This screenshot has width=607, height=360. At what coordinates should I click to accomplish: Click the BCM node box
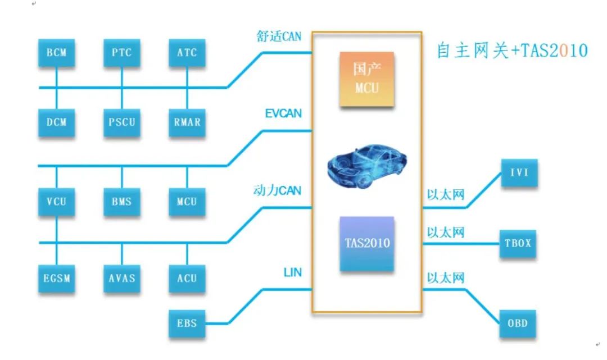coord(56,53)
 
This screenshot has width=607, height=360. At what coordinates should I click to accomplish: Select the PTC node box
coord(121,53)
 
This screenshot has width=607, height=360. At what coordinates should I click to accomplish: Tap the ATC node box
coord(187,53)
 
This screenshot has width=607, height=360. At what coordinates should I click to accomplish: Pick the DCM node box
coord(56,121)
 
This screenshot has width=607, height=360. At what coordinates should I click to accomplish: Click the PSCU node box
coord(121,121)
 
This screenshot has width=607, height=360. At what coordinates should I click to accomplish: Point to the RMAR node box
coord(187,121)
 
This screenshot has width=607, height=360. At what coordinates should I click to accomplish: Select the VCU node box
coord(56,201)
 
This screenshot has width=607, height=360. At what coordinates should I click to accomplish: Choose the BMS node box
coord(121,201)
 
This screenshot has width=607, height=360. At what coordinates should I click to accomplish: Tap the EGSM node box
coord(56,277)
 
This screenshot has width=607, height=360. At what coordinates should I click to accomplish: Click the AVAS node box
coord(121,277)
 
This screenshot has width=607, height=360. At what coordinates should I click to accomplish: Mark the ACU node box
coord(187,277)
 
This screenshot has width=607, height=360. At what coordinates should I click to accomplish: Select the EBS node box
coord(187,323)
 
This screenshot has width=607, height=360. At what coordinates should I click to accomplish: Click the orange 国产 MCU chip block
coord(366,79)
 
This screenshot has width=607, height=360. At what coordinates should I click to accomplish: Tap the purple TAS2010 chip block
coord(366,244)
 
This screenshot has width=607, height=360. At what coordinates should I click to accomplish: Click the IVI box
coord(519,172)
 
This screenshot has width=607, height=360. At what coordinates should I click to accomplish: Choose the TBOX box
coord(519,244)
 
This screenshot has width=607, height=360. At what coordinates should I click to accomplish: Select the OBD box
coord(519,323)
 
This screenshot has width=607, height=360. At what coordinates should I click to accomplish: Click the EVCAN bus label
coord(283,113)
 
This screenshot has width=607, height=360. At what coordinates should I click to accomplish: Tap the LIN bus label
coord(292,273)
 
